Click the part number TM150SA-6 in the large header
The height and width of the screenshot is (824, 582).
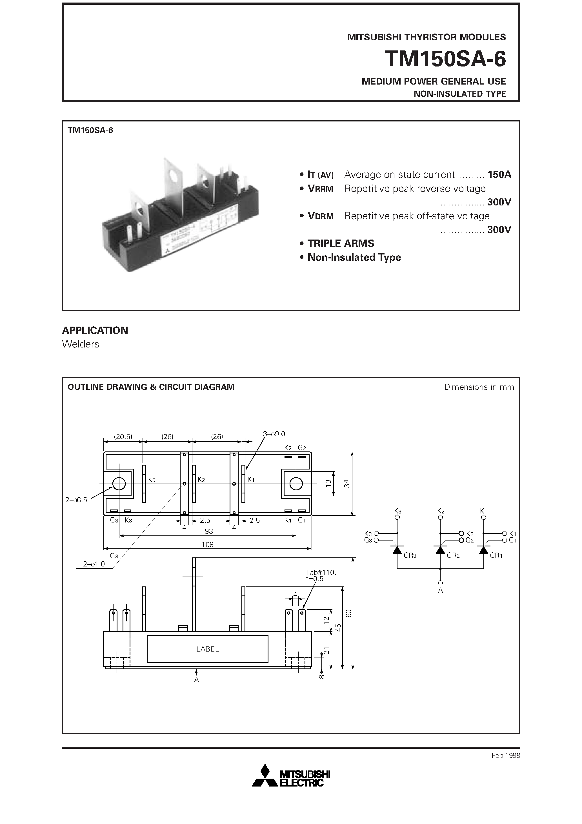445,59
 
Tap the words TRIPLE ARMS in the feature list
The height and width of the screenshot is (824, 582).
341,243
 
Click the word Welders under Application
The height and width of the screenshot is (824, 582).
80,344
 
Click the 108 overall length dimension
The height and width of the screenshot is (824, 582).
207,544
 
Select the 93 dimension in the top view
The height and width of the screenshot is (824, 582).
208,531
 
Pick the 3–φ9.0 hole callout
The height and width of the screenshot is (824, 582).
274,434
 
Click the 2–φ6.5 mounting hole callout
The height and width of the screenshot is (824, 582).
76,500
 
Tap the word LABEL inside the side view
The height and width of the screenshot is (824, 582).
207,649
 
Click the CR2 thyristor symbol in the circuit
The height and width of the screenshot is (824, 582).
441,550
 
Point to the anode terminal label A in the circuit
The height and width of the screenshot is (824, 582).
440,590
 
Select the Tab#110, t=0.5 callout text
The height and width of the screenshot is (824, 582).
320,576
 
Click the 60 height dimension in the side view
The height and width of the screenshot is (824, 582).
348,613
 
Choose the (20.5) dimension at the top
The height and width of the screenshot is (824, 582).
123,437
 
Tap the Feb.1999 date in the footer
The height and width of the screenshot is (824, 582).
506,756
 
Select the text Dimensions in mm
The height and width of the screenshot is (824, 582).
479,387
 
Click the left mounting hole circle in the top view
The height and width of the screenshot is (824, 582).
119,484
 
